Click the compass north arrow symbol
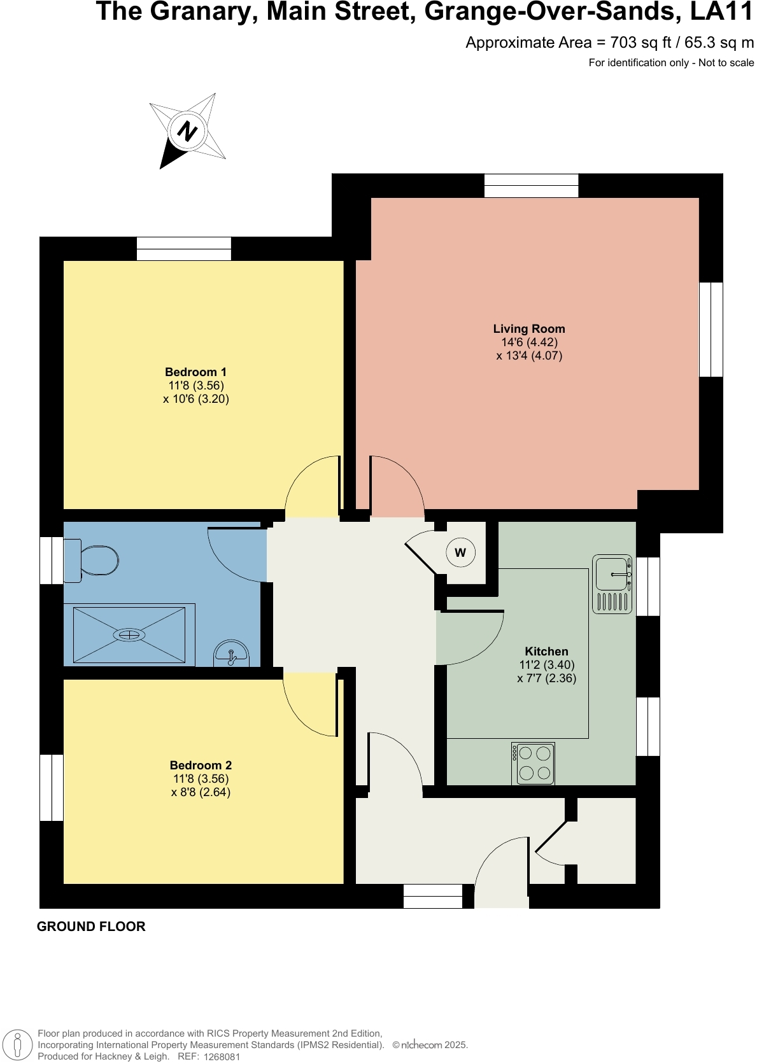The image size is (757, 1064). (x=187, y=131)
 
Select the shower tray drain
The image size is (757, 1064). (x=129, y=634)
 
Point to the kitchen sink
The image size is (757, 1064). (x=612, y=575)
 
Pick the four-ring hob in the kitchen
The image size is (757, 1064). (x=534, y=763)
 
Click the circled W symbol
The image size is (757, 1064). (x=460, y=552)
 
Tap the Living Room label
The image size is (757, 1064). (x=529, y=329)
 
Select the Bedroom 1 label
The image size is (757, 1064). (x=195, y=372)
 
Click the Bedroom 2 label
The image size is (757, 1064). (x=201, y=766)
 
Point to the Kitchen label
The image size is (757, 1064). (x=546, y=652)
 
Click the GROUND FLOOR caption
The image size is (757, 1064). (x=91, y=927)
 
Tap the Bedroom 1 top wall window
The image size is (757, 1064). (x=184, y=248)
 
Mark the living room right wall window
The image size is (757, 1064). (x=711, y=330)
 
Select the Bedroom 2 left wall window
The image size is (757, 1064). (x=52, y=787)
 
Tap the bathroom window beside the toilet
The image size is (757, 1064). (x=52, y=561)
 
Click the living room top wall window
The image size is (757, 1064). (x=531, y=185)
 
